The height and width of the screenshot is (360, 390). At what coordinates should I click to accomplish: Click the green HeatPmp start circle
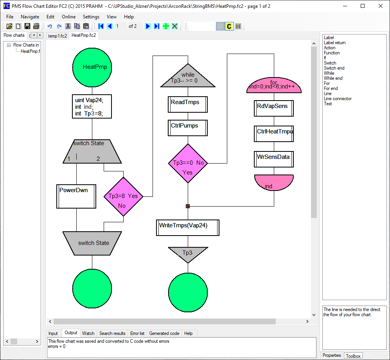92,67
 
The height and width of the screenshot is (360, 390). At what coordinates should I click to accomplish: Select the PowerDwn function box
76,196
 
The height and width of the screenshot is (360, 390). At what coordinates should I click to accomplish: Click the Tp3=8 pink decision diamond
123,196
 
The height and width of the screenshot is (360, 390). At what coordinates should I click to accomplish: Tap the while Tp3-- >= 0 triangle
188,77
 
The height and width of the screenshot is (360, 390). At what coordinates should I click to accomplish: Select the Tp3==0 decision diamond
188,163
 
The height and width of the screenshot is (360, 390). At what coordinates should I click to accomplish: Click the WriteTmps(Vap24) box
187,227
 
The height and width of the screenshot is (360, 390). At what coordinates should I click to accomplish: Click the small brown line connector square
188,206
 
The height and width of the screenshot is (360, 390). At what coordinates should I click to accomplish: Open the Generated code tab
164,333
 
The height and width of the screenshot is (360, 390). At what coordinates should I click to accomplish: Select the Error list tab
137,333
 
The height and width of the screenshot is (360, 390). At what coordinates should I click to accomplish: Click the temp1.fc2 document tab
58,36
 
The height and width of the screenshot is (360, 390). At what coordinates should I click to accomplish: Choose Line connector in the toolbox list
338,99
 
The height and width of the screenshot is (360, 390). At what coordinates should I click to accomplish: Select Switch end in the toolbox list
334,68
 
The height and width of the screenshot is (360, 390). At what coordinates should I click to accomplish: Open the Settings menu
91,17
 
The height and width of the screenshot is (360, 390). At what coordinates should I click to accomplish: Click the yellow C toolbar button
229,26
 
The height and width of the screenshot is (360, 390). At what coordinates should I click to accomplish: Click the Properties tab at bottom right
332,355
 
